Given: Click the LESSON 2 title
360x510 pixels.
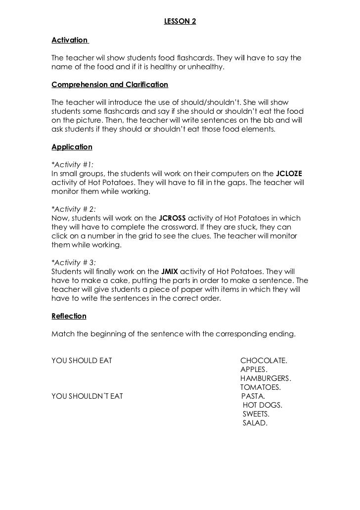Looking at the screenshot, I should [180, 22].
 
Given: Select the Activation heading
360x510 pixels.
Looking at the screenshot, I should [69, 40].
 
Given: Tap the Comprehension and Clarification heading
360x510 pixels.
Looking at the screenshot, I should [110, 85].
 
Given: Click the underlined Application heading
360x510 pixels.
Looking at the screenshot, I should [72, 147].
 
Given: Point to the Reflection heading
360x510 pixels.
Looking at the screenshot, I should [69, 316].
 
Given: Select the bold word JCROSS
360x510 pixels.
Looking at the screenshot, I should [172, 218].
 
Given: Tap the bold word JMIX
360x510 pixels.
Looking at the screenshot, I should [170, 272].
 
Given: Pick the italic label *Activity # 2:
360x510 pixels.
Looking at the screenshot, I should [74, 209].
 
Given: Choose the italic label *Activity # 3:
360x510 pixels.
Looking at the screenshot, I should [74, 263].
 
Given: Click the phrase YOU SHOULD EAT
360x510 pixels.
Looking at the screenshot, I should [82, 361].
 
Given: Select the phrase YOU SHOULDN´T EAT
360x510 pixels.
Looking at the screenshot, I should [87, 396].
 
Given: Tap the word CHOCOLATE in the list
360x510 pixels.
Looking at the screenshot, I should [264, 361].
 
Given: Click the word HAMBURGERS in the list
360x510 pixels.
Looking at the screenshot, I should [266, 378].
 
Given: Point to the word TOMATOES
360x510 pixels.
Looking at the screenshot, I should [261, 387].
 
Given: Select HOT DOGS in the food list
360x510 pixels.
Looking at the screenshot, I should [263, 405].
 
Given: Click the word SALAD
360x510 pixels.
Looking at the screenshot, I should [255, 423].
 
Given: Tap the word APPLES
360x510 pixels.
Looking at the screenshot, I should [254, 370].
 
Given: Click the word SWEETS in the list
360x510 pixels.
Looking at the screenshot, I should [256, 414].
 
